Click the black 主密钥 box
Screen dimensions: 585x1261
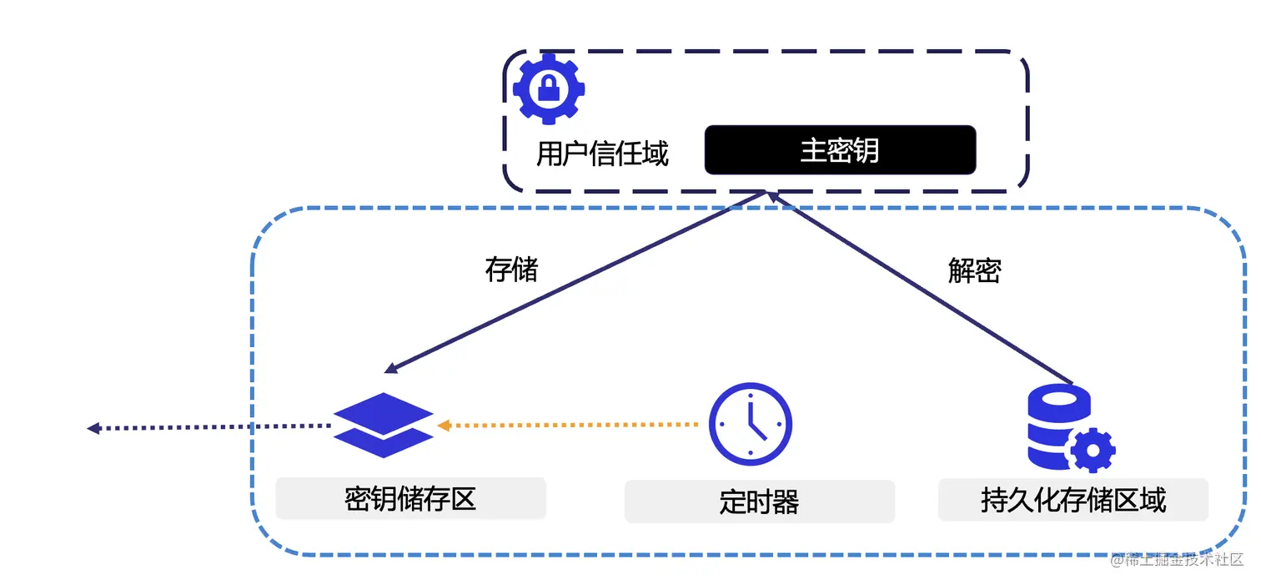pos(840,150)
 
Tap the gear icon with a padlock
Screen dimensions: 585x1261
pos(548,88)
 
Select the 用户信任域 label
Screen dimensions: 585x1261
pos(602,154)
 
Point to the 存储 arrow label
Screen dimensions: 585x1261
pos(511,270)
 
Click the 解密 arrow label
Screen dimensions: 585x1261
pos(974,270)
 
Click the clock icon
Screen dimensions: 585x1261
pos(750,423)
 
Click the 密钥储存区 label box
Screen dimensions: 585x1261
pos(410,499)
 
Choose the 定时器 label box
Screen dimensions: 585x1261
pos(759,502)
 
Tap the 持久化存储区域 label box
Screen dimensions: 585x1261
pos(1073,500)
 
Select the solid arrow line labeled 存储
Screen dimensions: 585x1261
pos(575,281)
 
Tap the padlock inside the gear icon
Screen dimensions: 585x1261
pos(548,87)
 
